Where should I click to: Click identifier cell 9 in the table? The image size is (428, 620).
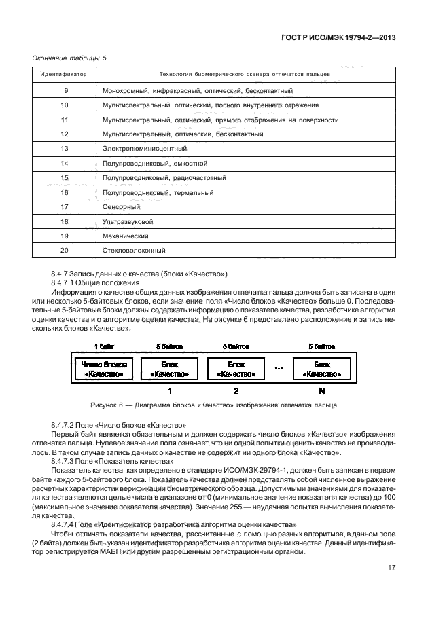click(65, 90)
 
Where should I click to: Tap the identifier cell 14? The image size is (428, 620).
click(65, 164)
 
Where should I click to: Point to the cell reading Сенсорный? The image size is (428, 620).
click(121, 206)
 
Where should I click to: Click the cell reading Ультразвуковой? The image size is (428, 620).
click(127, 221)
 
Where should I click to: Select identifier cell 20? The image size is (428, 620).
click(65, 251)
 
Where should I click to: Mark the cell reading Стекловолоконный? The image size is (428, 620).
click(134, 251)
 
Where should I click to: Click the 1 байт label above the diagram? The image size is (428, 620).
click(104, 346)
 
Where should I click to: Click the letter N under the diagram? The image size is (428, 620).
click(321, 391)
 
